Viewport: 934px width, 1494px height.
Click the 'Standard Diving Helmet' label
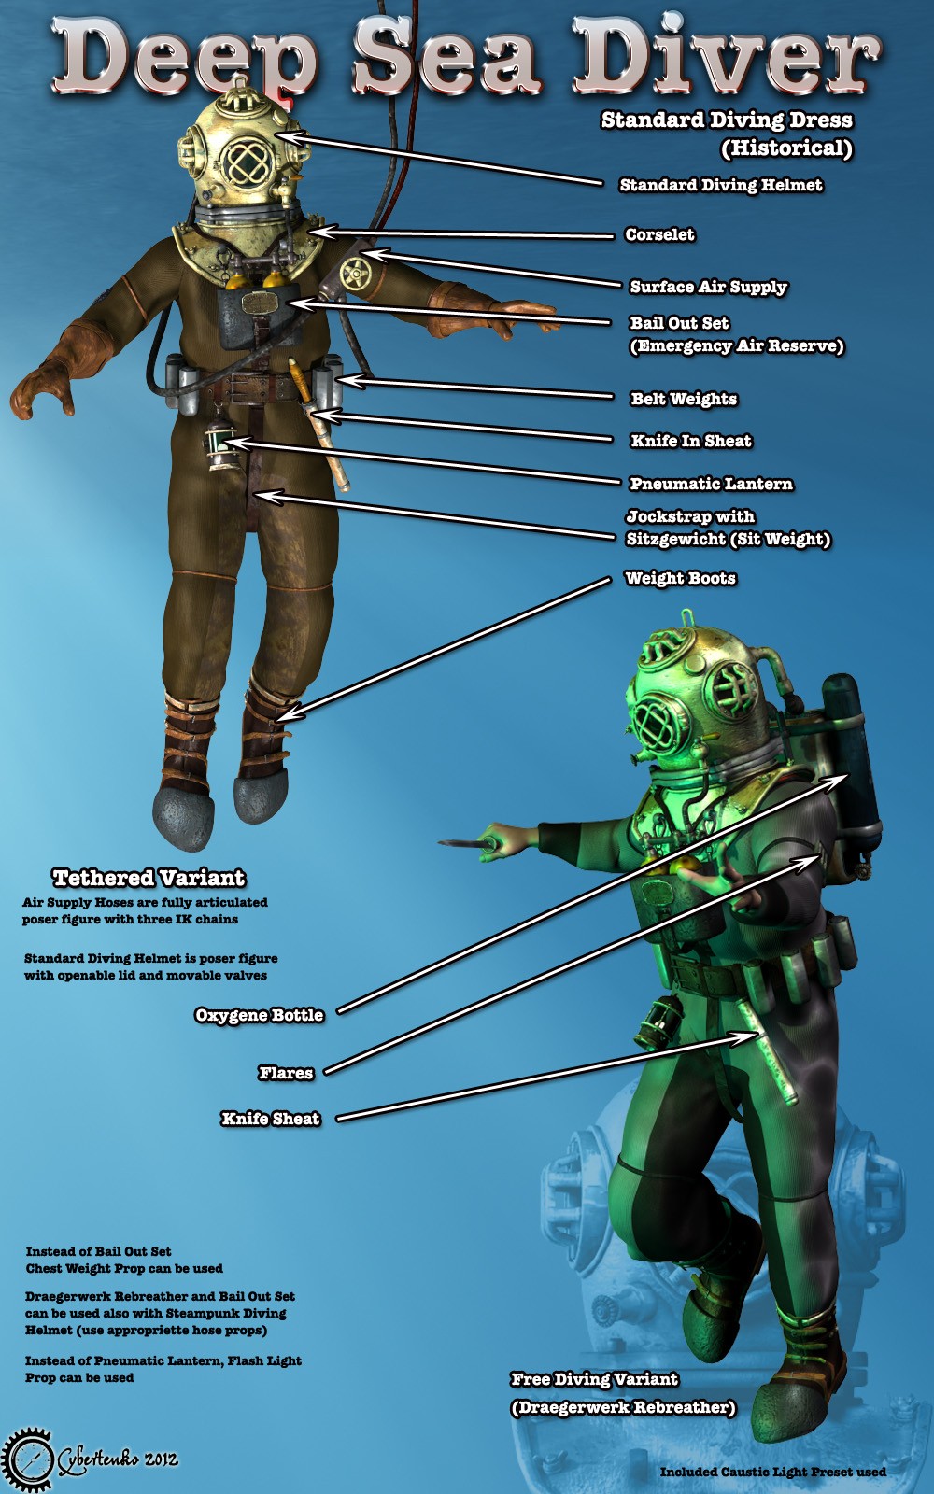720,185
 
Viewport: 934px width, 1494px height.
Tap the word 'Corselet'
659,234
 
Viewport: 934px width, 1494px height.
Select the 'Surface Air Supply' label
709,287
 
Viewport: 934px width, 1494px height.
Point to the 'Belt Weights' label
684,399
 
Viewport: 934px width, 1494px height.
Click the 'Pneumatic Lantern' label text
711,484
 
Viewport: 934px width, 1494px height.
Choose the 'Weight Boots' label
681,578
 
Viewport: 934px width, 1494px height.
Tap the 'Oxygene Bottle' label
259,1015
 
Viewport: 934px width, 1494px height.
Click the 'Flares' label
286,1073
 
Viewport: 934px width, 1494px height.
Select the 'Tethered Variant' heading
149,878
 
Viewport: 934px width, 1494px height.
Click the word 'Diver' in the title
728,57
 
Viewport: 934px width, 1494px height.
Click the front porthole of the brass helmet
247,162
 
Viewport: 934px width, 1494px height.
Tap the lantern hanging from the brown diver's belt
220,444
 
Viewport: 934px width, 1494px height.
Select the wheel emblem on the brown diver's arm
355,273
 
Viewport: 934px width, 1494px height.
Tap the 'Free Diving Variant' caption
594,1378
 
